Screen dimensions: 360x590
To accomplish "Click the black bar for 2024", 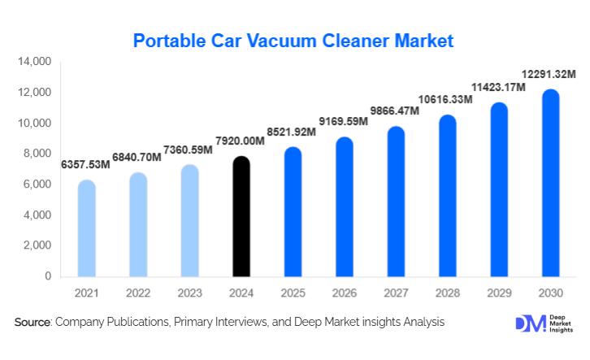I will point(241,217).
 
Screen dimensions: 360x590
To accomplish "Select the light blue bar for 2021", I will point(86,228).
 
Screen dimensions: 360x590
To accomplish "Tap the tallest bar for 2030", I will point(551,183).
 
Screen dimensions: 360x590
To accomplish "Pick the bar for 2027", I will point(397,202).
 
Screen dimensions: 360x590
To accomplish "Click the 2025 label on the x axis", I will point(293,293).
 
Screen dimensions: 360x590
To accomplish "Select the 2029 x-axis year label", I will point(499,293).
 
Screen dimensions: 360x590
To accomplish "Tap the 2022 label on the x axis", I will point(138,293).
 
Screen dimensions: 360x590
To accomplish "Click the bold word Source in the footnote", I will point(33,323).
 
